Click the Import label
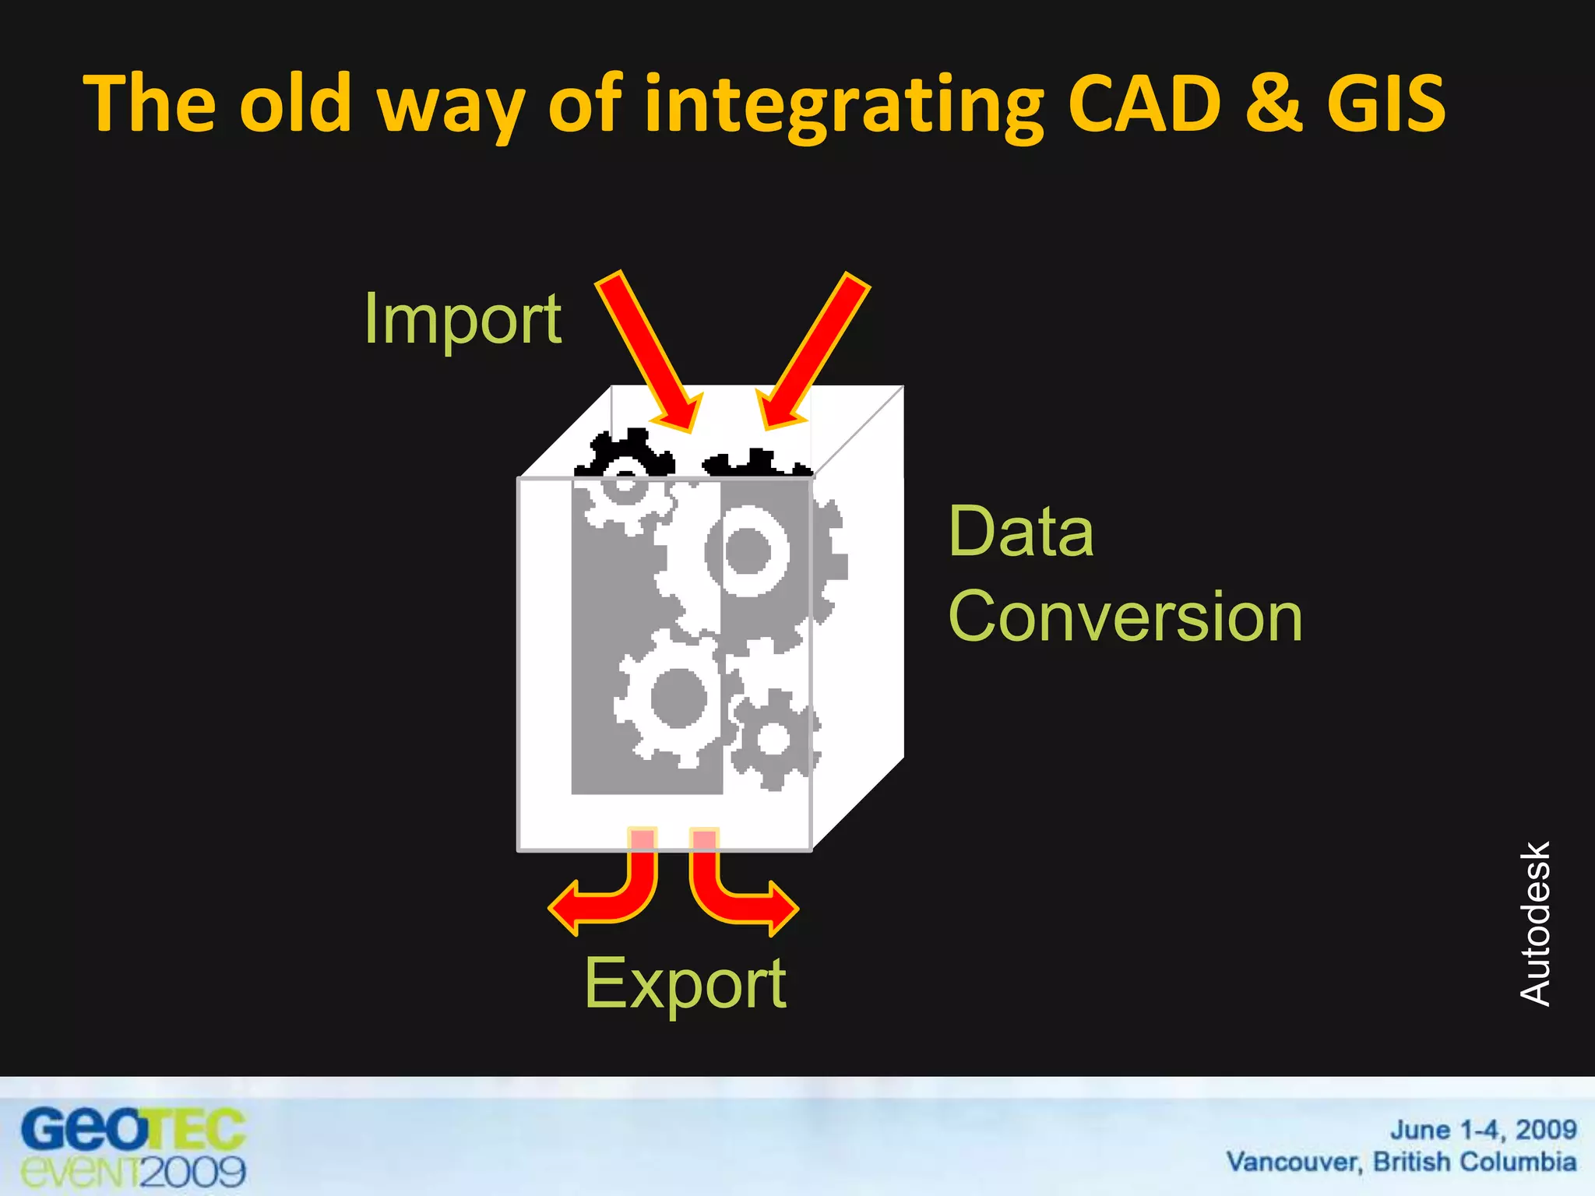463,320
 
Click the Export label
685,983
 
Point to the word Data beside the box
1021,532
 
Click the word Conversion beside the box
1125,616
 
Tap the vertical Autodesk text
1535,923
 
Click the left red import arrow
648,350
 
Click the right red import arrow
813,350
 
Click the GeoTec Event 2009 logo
133,1148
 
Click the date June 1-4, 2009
1483,1129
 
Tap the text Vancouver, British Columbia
1401,1162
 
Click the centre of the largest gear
748,551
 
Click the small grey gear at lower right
774,738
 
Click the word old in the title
295,104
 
